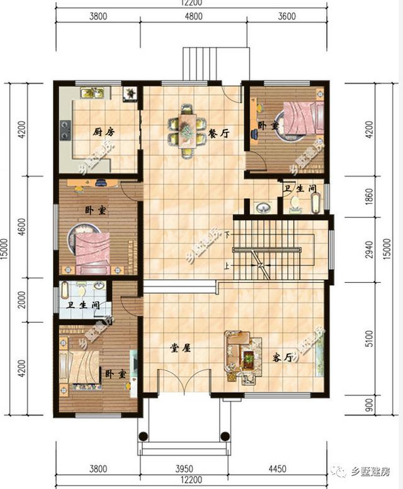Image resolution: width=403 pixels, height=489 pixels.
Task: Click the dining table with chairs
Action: coord(186,130)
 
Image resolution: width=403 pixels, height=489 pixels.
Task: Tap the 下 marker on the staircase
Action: coord(225,235)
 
